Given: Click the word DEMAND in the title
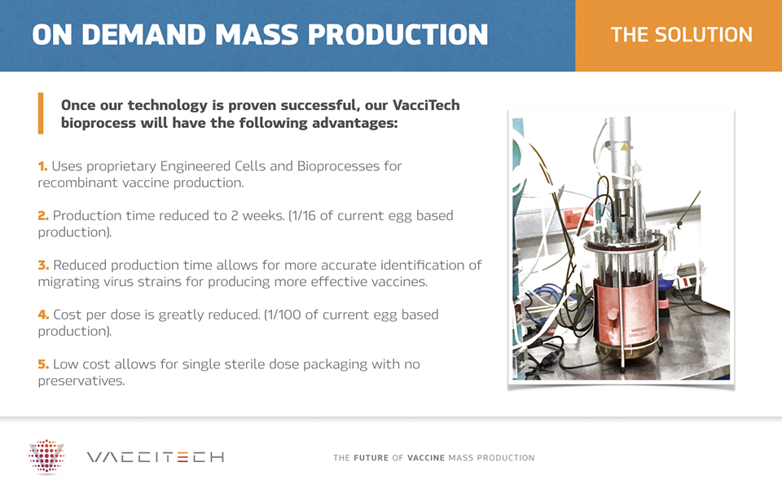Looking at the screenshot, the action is [143, 34].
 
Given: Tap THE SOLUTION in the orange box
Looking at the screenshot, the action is [681, 34].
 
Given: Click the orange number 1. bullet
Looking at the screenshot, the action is [43, 165].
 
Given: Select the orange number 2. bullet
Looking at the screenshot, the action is [43, 215].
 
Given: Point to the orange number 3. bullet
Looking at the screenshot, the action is [43, 265].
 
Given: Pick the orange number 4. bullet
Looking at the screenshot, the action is [43, 315].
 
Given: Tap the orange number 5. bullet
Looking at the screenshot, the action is [43, 363].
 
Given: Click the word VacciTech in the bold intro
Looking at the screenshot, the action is [426, 105].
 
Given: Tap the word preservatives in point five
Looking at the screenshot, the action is [81, 381].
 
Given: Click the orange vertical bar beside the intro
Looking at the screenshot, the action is [41, 113].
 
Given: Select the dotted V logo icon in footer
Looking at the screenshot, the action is [46, 456].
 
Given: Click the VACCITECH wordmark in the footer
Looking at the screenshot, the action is [156, 457].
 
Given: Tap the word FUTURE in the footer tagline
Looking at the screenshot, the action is [371, 457].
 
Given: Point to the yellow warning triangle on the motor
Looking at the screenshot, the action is [624, 147].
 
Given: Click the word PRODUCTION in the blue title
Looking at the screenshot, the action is [398, 34].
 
